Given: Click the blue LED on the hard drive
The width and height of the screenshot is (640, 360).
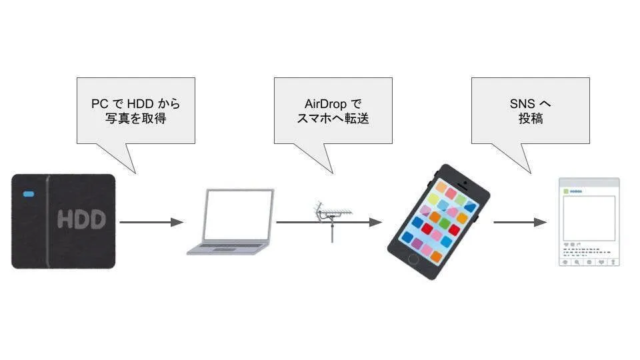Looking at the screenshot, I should pyautogui.click(x=29, y=195).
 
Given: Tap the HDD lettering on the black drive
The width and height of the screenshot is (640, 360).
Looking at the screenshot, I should pyautogui.click(x=81, y=220).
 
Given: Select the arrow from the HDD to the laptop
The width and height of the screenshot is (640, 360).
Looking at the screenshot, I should pyautogui.click(x=151, y=222).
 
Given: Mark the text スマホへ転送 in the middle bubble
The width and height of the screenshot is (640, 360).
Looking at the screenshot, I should pyautogui.click(x=333, y=119).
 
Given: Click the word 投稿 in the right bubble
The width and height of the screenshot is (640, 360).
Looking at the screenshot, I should pyautogui.click(x=531, y=119).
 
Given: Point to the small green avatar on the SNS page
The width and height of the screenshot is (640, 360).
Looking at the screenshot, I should pyautogui.click(x=566, y=191).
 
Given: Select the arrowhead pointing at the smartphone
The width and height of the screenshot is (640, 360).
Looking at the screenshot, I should pyautogui.click(x=377, y=222).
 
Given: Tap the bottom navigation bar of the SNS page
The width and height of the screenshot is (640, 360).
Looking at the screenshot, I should pyautogui.click(x=589, y=262).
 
